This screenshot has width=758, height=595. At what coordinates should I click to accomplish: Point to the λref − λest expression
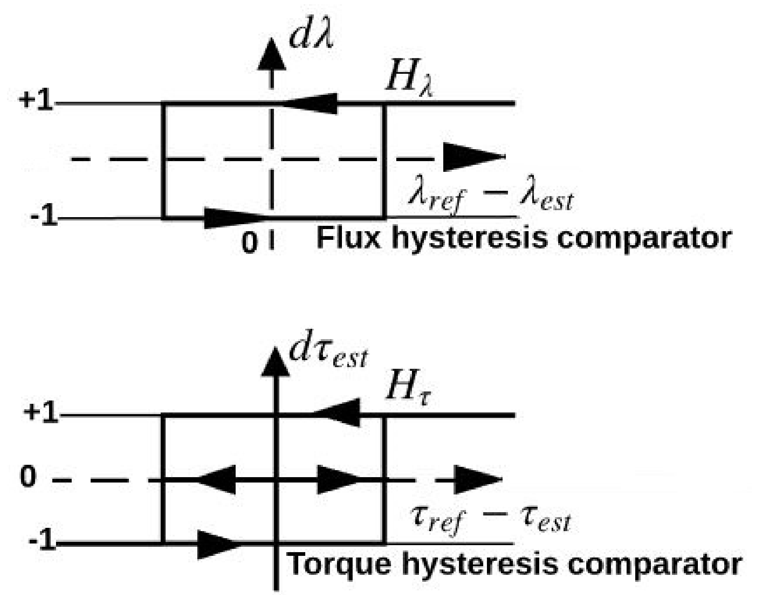click(490, 198)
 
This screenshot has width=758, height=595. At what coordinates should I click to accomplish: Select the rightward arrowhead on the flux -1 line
click(229, 217)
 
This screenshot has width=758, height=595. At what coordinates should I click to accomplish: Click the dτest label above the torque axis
click(328, 354)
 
